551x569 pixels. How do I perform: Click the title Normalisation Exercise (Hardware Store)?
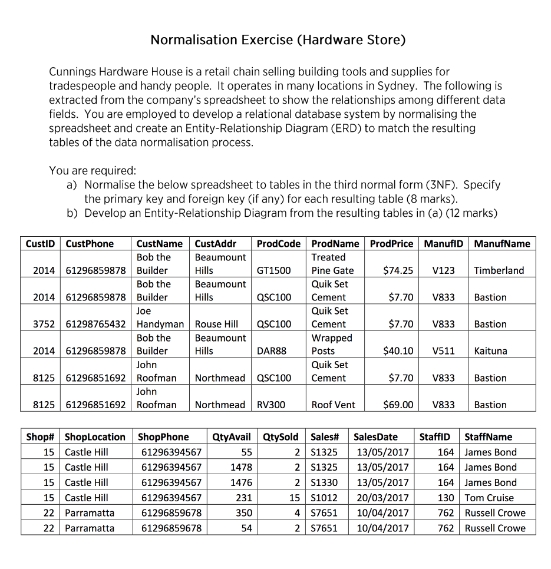278,40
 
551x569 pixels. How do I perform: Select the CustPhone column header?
90,243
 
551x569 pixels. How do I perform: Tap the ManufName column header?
501,243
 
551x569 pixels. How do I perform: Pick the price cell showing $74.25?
398,270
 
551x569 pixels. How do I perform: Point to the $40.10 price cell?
398,350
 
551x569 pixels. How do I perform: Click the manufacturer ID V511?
443,350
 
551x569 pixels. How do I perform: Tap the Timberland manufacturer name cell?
499,270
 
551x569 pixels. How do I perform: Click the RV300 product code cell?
271,405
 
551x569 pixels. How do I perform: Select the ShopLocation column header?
95,437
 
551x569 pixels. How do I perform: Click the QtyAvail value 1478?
241,467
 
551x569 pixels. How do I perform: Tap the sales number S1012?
324,498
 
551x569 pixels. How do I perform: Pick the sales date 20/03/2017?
381,498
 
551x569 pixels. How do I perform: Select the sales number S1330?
324,482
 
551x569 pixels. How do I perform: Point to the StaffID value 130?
446,498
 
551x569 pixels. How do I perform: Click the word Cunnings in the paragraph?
74,72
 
